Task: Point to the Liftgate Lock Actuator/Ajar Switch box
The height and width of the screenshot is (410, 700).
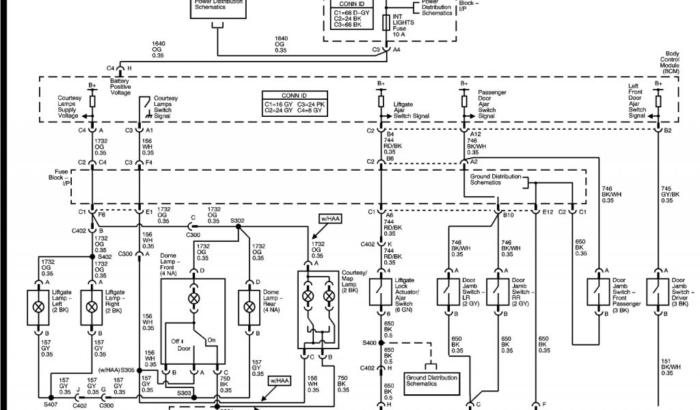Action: pos(381,292)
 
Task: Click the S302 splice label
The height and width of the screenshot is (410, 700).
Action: pos(237,221)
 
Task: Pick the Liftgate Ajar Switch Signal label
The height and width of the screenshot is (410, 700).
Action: pos(411,111)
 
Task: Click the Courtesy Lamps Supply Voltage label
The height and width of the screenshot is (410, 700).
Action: pos(69,108)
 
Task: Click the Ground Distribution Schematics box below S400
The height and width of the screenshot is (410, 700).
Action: pos(431,381)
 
